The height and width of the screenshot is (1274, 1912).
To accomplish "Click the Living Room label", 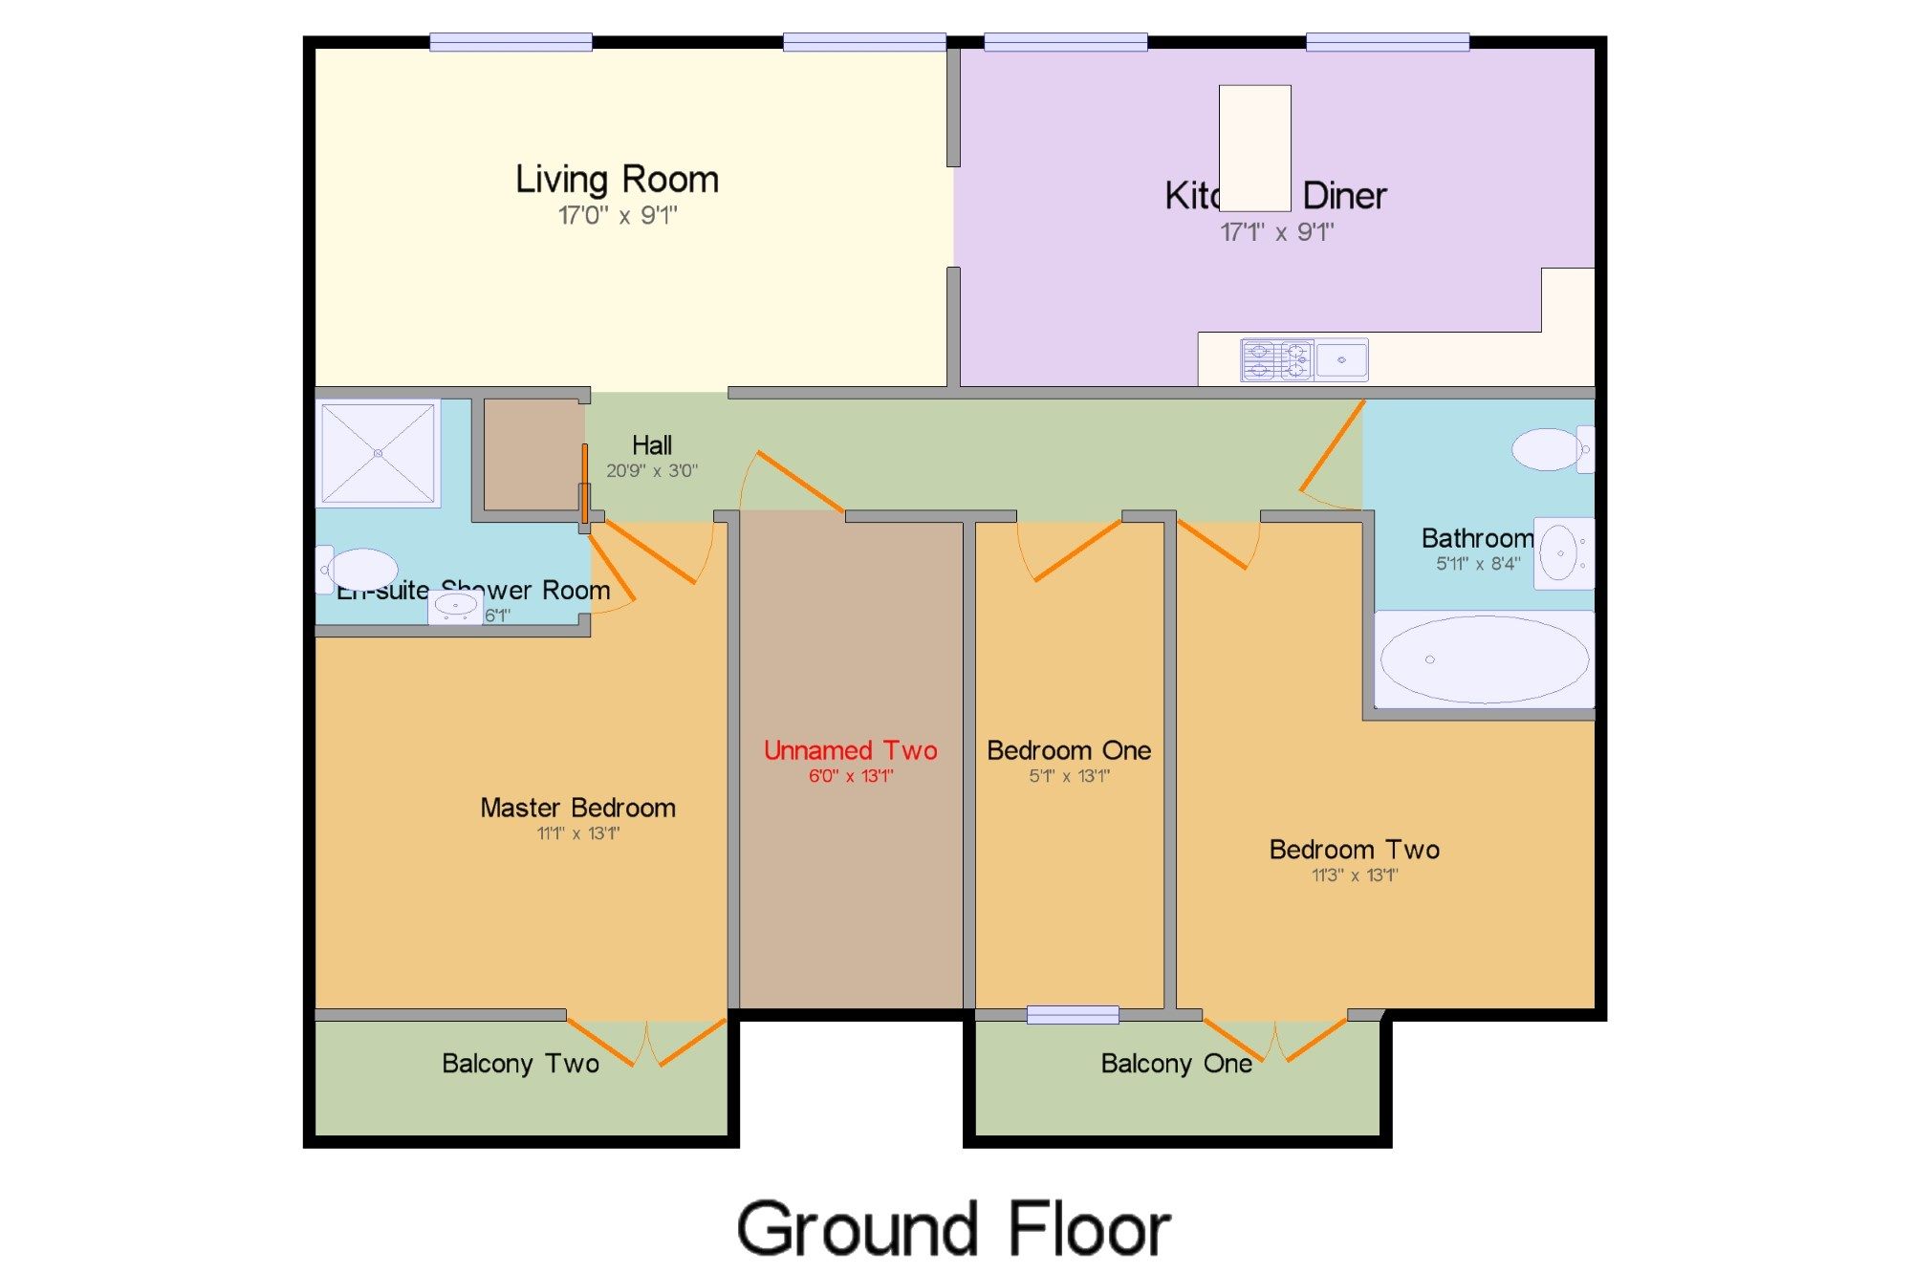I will pos(617,180).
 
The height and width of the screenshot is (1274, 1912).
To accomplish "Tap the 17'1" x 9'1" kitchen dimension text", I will pos(1276,232).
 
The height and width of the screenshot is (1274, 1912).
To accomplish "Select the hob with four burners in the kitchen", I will pos(1277,361).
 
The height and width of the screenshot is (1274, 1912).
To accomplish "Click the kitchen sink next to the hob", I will pos(1341,360).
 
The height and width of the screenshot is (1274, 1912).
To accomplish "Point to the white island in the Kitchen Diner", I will pos(1254,148).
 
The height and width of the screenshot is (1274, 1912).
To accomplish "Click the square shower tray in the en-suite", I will pos(379,453).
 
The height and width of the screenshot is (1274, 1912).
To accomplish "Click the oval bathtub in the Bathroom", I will pos(1484,659).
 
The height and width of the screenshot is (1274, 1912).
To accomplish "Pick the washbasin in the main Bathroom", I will pos(1561,553).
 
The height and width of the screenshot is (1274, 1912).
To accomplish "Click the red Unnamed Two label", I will pos(850,750).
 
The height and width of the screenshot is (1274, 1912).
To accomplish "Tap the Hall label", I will pos(651,445).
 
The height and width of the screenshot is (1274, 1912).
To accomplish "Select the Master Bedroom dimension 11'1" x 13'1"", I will pos(577,833).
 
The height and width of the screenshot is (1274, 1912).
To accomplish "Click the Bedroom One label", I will pos(1068,750).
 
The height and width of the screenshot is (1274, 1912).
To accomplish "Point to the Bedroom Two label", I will pos(1354,850).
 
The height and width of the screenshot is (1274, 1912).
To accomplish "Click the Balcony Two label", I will pos(520,1064).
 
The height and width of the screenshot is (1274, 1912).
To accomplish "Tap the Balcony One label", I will pos(1176,1064).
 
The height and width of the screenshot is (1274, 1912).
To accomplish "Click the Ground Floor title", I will pos(953,1229).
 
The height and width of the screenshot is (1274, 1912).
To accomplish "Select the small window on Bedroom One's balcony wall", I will pos(1073,1015).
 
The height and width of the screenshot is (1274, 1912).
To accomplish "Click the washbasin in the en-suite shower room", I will pos(455,606).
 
